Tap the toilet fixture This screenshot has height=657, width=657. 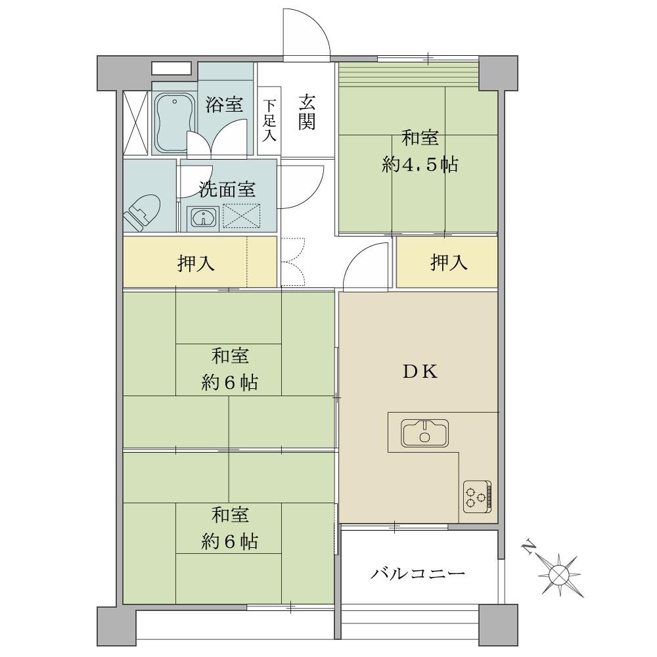click(x=142, y=212)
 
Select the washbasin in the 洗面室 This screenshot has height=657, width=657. click(x=203, y=217)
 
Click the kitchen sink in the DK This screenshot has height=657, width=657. click(x=424, y=432)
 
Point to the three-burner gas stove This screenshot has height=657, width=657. click(x=477, y=497)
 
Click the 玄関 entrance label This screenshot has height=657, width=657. click(x=307, y=113)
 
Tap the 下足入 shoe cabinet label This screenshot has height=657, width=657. click(x=269, y=120)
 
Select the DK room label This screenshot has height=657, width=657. click(x=420, y=372)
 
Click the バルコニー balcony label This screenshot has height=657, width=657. click(x=418, y=573)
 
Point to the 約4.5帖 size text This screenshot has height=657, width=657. click(x=420, y=165)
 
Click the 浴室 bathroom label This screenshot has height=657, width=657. click(x=224, y=104)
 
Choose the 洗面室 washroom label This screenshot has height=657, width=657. click(x=227, y=189)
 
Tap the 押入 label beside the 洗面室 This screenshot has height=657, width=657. click(x=196, y=263)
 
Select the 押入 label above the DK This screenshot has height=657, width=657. click(x=449, y=262)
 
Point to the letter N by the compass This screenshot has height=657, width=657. click(x=530, y=548)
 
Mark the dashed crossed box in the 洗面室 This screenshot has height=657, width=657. click(x=241, y=216)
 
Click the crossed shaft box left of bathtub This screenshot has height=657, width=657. click(x=136, y=123)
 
